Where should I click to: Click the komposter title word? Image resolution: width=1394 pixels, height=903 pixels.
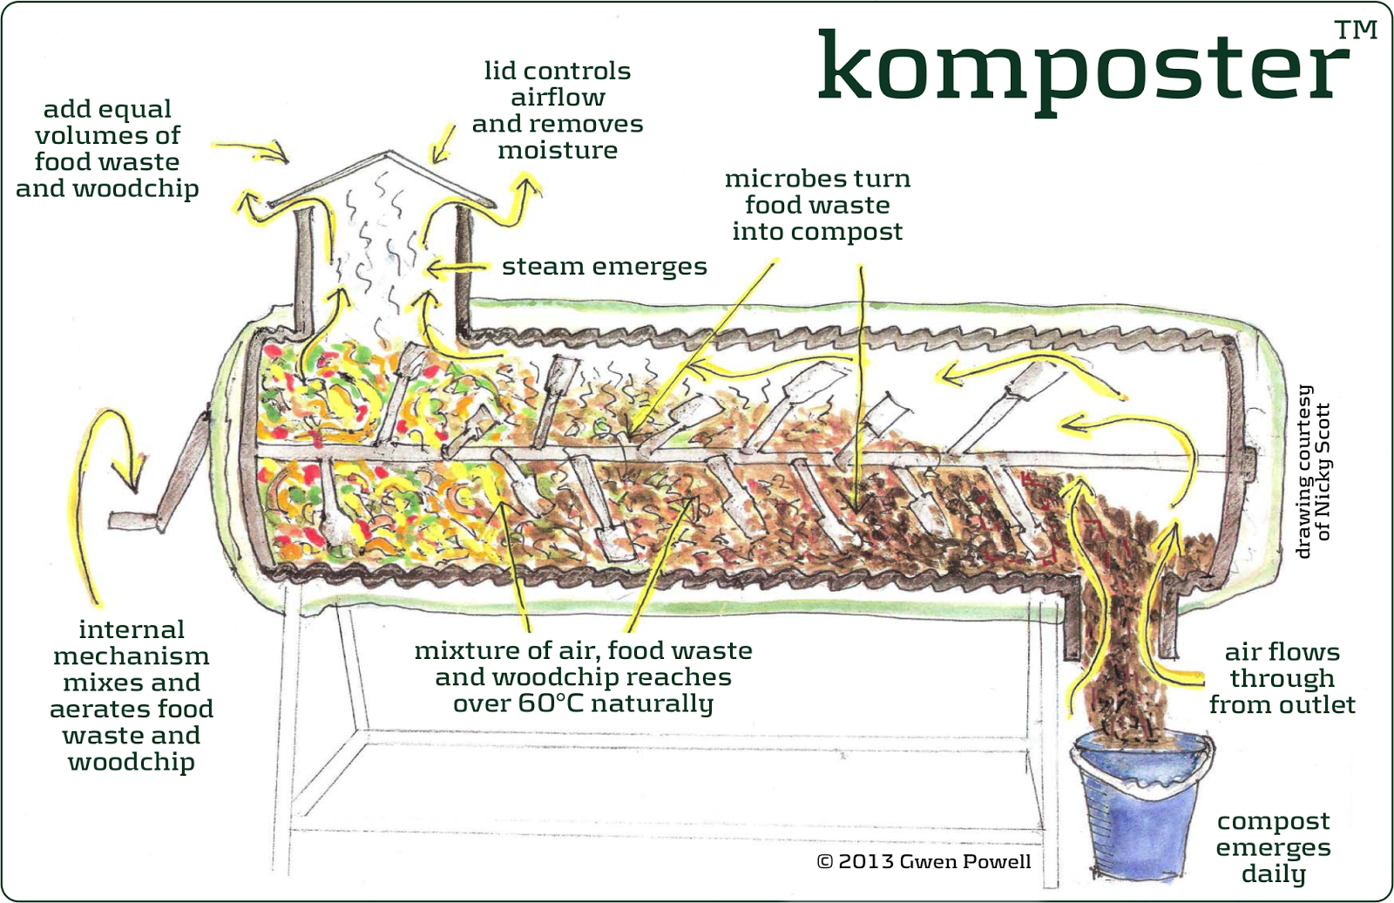point(1081,68)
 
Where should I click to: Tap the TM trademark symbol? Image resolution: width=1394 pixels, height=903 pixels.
point(1356,31)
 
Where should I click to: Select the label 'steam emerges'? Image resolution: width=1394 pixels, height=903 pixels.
point(604,267)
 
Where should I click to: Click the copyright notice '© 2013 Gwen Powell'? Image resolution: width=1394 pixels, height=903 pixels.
point(924,861)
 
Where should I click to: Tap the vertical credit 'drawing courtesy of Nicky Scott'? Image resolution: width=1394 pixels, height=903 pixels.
point(1313,471)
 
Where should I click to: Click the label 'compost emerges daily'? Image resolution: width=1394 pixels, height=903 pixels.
point(1273,847)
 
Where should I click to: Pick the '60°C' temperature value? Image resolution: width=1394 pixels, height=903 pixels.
point(551,703)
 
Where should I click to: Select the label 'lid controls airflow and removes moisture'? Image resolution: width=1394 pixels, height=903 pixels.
point(558,111)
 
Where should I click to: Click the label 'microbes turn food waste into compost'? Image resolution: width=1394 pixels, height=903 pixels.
point(817,205)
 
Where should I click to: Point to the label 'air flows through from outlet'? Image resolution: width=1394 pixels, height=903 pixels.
point(1282,678)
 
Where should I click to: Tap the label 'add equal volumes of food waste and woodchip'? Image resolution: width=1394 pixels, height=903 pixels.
point(107,148)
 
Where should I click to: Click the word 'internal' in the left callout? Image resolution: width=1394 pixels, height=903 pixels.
point(132,629)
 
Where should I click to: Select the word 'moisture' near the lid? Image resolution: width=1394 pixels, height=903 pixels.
point(558,151)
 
